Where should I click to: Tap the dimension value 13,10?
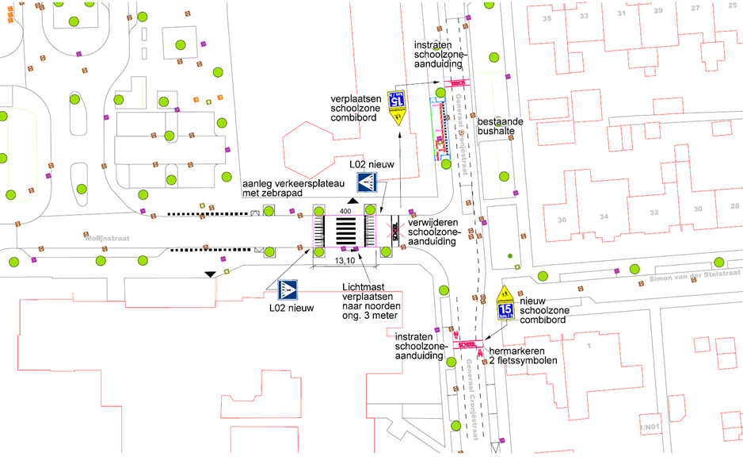(x=345, y=259)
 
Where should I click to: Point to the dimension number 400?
(x=345, y=212)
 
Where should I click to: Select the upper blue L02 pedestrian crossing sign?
(x=371, y=182)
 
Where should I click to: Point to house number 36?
(x=562, y=220)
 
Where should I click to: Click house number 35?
(x=546, y=17)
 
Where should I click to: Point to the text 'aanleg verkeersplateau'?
(x=293, y=183)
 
